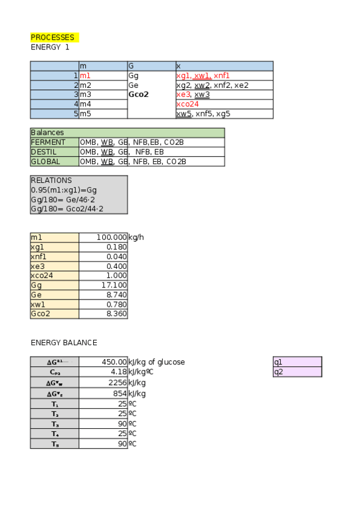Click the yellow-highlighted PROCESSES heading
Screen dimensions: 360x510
(53, 37)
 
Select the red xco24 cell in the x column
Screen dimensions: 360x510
(188, 104)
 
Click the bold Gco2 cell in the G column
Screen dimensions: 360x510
(138, 94)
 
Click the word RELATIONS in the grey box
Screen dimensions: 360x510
(51, 180)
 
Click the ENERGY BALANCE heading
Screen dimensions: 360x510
(64, 343)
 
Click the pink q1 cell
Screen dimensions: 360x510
(297, 362)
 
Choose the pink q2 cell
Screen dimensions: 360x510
(297, 372)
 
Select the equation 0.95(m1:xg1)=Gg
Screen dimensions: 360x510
(64, 190)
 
